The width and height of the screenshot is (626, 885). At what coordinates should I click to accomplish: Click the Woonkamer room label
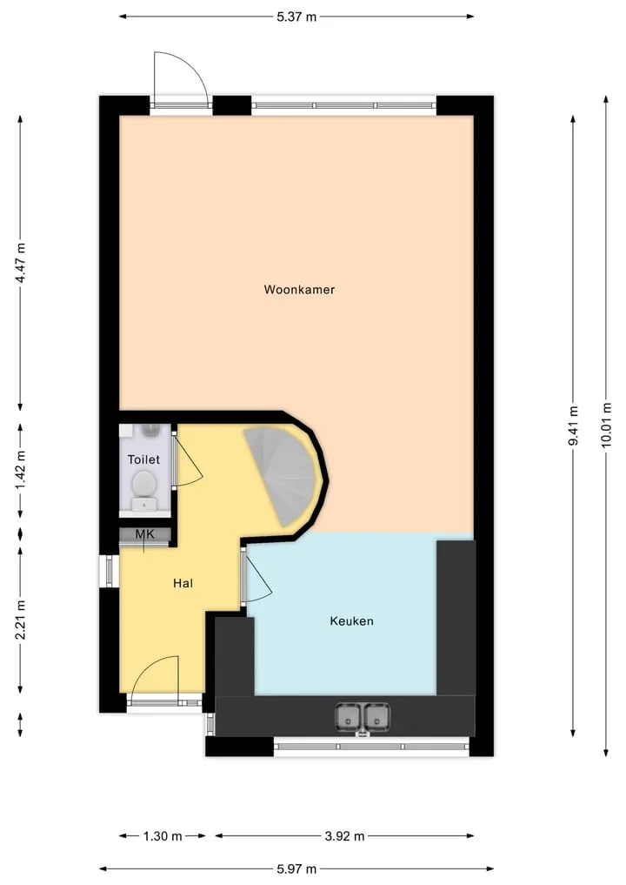point(299,290)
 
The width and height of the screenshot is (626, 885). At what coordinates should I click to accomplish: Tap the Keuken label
point(351,620)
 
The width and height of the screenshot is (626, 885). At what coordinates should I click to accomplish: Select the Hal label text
point(183,583)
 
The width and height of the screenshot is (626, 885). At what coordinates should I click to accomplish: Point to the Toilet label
point(143,459)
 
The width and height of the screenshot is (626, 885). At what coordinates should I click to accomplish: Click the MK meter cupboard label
point(144,534)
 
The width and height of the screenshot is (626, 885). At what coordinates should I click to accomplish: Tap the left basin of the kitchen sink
point(348,717)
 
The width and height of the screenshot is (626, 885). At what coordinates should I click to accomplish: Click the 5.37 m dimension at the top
point(296,17)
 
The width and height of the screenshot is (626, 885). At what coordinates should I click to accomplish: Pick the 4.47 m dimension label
point(20,263)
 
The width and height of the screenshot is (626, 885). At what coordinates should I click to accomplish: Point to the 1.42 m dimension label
point(20,471)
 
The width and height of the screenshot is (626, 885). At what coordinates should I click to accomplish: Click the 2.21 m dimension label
point(20,620)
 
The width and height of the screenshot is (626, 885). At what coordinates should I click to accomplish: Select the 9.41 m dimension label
point(573,426)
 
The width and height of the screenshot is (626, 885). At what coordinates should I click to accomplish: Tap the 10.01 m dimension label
point(606,425)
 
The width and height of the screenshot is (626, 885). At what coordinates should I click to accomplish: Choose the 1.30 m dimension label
point(163,836)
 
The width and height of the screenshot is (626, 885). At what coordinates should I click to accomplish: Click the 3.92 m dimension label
point(344,836)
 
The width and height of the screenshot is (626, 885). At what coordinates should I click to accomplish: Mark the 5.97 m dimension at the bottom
point(296,868)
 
